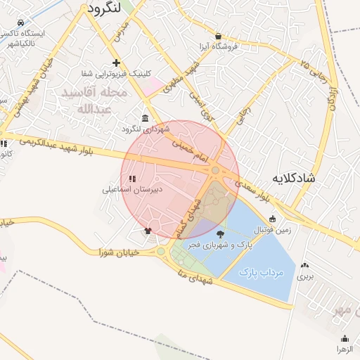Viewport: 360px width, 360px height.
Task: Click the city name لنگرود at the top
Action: pyautogui.click(x=105, y=8)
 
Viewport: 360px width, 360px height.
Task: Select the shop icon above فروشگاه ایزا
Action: pyautogui.click(x=218, y=37)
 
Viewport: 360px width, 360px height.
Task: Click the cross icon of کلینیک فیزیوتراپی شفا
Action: pyautogui.click(x=116, y=63)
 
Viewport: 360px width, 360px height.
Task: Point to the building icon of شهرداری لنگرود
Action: pyautogui.click(x=145, y=117)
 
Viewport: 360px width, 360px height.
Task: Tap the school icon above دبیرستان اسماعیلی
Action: pyautogui.click(x=132, y=179)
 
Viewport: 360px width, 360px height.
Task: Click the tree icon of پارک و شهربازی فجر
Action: pyautogui.click(x=221, y=234)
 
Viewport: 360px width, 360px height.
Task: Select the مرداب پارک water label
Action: pyautogui.click(x=261, y=271)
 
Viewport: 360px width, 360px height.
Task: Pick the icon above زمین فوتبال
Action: pyautogui.click(x=272, y=219)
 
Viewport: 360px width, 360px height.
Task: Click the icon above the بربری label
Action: pyautogui.click(x=304, y=266)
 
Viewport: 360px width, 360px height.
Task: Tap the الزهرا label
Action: pyautogui.click(x=343, y=349)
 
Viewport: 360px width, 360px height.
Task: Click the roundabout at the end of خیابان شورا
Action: pyautogui.click(x=161, y=251)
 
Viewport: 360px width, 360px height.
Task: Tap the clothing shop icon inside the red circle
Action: pyautogui.click(x=148, y=230)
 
